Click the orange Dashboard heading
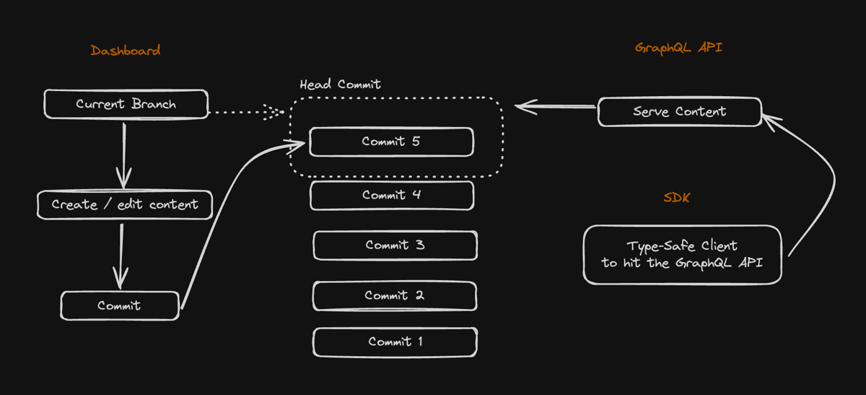(x=126, y=51)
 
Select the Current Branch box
(x=126, y=104)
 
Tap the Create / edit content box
(x=125, y=204)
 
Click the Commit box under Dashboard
(x=119, y=305)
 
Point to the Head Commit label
(x=340, y=84)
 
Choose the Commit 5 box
(x=391, y=142)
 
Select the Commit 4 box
(x=392, y=195)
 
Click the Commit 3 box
(x=395, y=245)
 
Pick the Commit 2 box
(x=394, y=295)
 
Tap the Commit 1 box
(x=395, y=342)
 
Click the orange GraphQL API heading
(x=678, y=48)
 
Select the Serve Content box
(x=679, y=112)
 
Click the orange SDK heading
(x=676, y=197)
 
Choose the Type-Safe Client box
(x=682, y=254)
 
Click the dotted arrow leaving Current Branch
(x=245, y=113)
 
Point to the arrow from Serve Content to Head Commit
(x=556, y=108)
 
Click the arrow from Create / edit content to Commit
(x=121, y=253)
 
